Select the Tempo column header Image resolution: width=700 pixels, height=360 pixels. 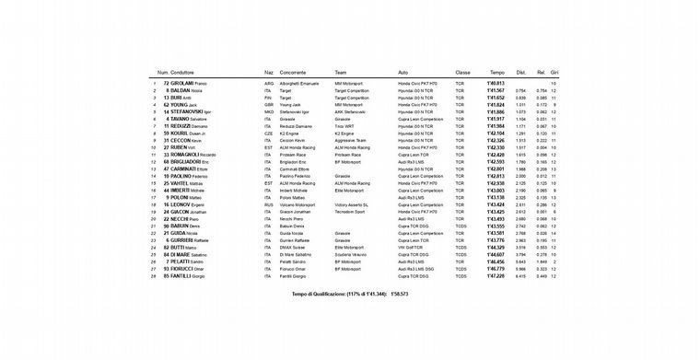click(x=496, y=72)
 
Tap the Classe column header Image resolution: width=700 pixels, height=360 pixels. click(x=462, y=72)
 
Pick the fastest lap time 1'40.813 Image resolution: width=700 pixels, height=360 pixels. click(x=496, y=83)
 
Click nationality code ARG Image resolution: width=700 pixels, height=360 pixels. click(x=268, y=83)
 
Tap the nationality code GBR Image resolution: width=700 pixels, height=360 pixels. click(x=268, y=104)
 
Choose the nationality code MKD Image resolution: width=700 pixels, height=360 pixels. click(x=268, y=111)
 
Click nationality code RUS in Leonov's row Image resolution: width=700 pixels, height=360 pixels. click(x=268, y=204)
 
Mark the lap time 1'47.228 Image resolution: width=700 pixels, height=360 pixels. click(x=496, y=276)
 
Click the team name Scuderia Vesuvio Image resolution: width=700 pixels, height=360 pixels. click(x=355, y=255)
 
